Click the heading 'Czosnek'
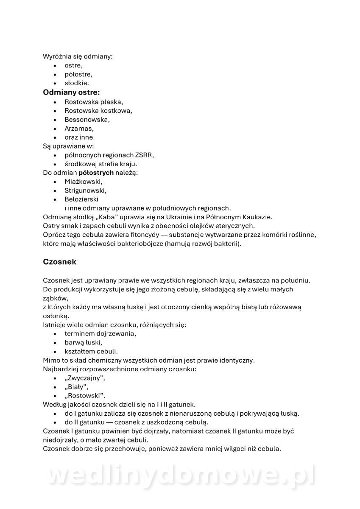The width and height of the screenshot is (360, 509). (59, 262)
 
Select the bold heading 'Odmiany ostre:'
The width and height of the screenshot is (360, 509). (71, 92)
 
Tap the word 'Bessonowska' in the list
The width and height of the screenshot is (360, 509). (87, 120)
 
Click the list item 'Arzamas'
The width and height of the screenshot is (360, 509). (79, 129)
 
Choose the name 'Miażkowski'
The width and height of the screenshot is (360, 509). (83, 182)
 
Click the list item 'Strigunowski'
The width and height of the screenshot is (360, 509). (85, 190)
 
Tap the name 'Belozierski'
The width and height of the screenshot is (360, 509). (83, 199)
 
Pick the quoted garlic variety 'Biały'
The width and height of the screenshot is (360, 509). (76, 387)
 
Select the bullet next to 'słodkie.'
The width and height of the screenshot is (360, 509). (55, 84)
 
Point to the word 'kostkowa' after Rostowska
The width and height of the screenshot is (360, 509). (119, 111)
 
